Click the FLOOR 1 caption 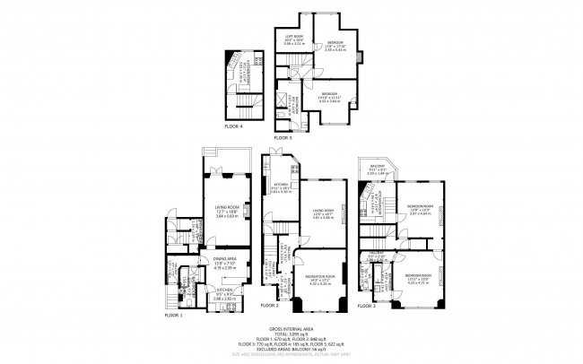point(173,316)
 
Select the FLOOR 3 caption point(368,307)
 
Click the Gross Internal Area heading point(291,329)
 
